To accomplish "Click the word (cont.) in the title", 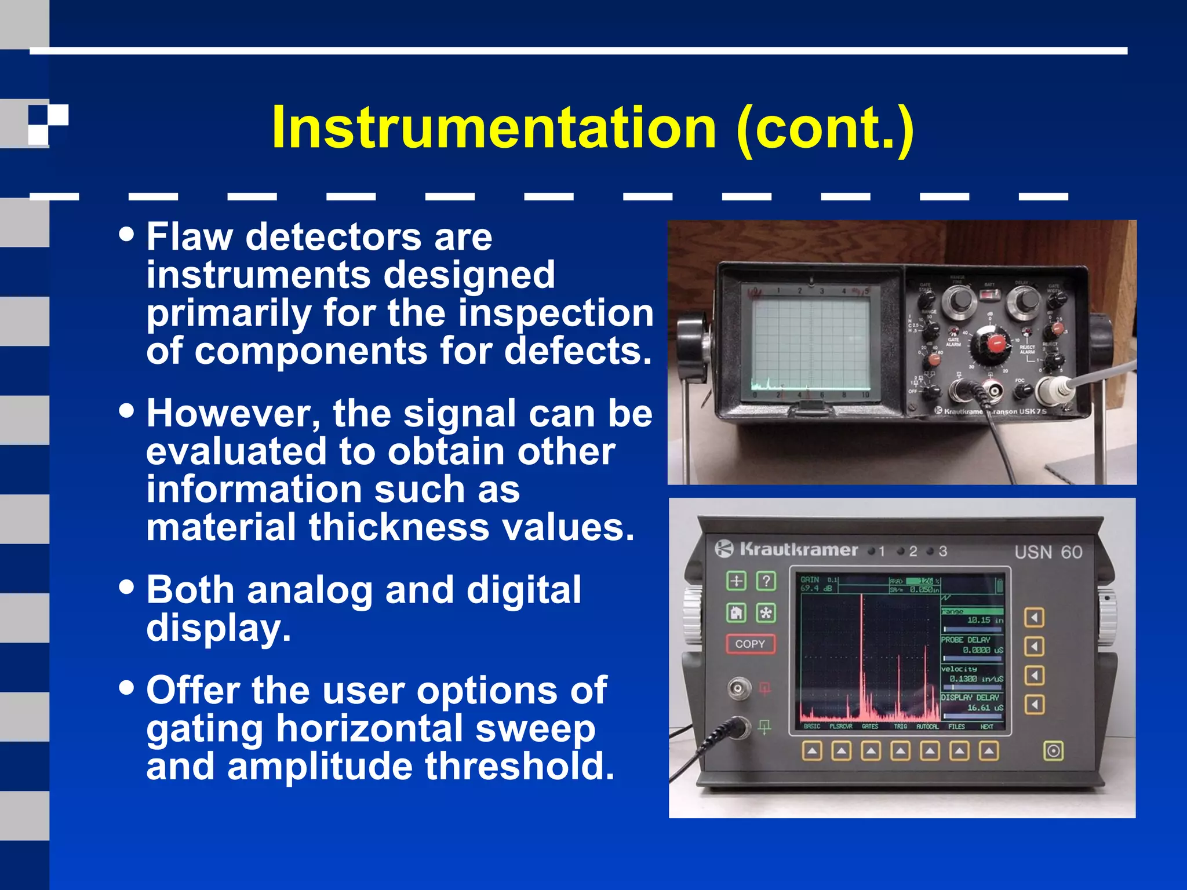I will click(825, 129).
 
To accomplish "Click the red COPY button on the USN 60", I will click(751, 644).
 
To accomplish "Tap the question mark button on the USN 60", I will click(766, 581).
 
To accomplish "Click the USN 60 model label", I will click(1048, 552).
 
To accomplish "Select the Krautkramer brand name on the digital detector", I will click(798, 549).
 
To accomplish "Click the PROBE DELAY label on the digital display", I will click(966, 640).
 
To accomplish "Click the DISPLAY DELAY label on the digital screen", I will click(970, 697).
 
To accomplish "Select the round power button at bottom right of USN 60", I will click(1053, 752).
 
